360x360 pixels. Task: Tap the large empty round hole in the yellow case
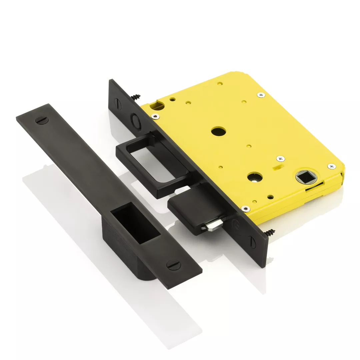218,131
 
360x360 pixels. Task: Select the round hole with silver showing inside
254,177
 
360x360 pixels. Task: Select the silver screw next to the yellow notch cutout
155,116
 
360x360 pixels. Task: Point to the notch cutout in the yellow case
157,106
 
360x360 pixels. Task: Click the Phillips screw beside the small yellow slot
281,159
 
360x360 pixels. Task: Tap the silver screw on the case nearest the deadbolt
245,209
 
